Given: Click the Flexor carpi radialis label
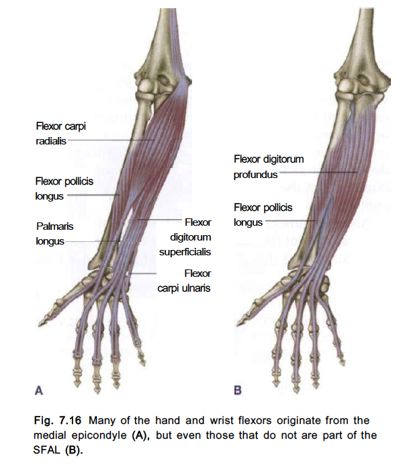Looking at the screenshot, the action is [x=60, y=133].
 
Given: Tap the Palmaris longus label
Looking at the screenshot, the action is [x=54, y=234].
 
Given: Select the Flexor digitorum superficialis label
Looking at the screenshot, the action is [x=185, y=237].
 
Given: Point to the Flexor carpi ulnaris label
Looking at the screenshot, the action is [x=184, y=281].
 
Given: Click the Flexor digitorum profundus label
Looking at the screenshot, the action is [x=269, y=167].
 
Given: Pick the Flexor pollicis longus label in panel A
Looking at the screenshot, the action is [x=64, y=189].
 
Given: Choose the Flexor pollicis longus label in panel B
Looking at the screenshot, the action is [x=263, y=215].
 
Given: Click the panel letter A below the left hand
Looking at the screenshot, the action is [x=39, y=390].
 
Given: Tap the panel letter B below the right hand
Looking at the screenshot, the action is [x=238, y=390].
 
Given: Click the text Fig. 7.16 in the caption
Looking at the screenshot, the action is [x=57, y=420].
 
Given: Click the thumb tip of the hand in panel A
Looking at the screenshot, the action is [x=40, y=325].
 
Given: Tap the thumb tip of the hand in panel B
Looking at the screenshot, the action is [x=238, y=324].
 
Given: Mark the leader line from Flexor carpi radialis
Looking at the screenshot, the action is [x=111, y=140].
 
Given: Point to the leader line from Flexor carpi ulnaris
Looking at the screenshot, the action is [x=142, y=273].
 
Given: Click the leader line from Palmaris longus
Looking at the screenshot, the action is [x=92, y=241].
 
